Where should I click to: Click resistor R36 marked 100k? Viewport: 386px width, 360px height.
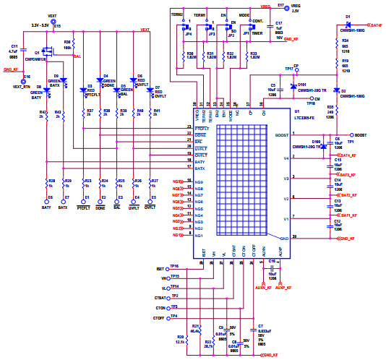pyautogui.click(x=67, y=48)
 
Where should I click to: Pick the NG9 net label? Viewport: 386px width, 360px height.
pyautogui.click(x=178, y=181)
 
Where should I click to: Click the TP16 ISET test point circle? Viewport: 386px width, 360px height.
pyautogui.click(x=166, y=267)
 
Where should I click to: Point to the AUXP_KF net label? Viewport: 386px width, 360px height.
pyautogui.click(x=282, y=288)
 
